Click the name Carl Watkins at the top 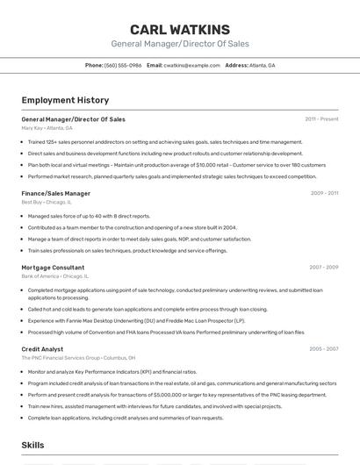click(x=180, y=30)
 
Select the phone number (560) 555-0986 click(x=123, y=65)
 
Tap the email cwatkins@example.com click(x=191, y=65)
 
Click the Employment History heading click(x=65, y=100)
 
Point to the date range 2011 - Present click(x=321, y=119)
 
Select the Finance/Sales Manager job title click(x=55, y=193)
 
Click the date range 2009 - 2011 click(x=324, y=193)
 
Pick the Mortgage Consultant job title click(x=53, y=267)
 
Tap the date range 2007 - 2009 click(x=323, y=267)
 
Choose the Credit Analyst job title click(x=42, y=349)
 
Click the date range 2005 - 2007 click(x=323, y=349)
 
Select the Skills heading click(x=32, y=445)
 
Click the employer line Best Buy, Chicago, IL click(x=47, y=202)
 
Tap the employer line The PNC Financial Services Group click(x=78, y=358)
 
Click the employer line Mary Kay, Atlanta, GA click(x=47, y=128)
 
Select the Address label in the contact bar click(x=236, y=65)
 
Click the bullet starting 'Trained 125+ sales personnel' click(x=165, y=142)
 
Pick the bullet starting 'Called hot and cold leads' click(x=148, y=309)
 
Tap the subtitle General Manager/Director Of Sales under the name click(x=180, y=44)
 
